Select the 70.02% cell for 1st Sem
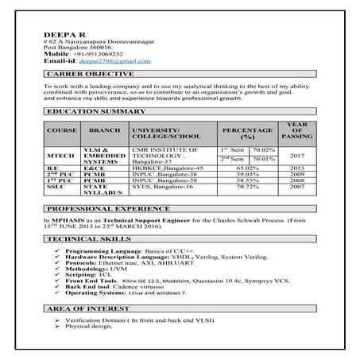[x=262, y=149]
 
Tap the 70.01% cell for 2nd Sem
[x=262, y=159]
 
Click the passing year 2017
[x=295, y=157]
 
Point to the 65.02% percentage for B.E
[x=247, y=168]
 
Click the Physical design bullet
[x=88, y=326]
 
